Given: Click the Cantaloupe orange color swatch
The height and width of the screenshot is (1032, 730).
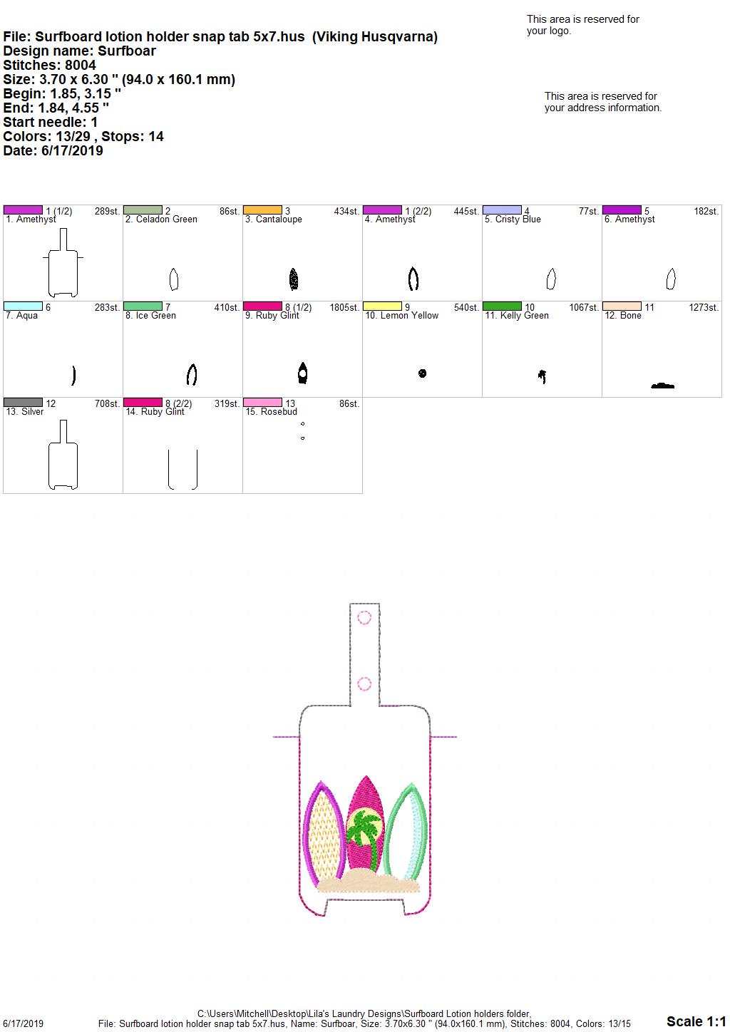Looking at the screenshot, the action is [262, 210].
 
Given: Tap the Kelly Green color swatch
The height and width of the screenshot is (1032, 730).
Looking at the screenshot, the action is [502, 306].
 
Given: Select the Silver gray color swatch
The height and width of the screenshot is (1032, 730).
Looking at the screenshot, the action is [23, 402].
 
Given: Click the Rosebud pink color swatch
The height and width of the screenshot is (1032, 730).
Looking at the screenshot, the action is [262, 402].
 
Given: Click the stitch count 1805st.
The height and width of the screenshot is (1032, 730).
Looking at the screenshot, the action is [344, 307].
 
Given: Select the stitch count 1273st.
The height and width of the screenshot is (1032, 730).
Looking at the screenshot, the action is [704, 307].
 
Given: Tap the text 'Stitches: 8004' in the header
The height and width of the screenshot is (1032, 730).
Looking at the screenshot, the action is [49, 65].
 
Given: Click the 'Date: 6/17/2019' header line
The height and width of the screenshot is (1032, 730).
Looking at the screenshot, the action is [53, 150].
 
